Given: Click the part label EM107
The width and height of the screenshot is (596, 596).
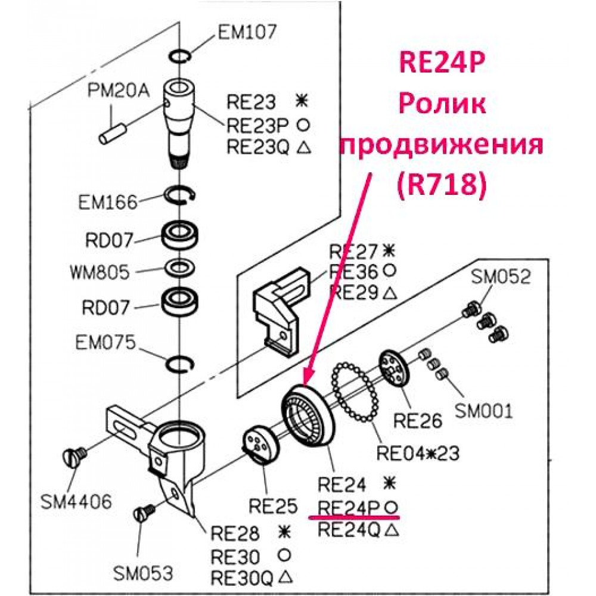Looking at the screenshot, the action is [247, 32].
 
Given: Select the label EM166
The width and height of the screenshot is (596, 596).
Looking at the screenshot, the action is [107, 202].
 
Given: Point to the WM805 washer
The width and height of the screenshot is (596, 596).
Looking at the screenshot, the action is [179, 268].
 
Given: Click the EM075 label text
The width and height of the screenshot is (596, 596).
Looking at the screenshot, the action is [105, 342].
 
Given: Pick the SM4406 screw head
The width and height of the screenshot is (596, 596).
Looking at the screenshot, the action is [74, 455].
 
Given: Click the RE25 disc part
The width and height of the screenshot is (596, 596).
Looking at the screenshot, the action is [259, 445].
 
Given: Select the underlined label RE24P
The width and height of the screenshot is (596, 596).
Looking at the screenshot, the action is [349, 507].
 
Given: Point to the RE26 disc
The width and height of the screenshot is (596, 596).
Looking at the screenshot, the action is [394, 369].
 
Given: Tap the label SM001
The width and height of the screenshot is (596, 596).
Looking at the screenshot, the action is [483, 411].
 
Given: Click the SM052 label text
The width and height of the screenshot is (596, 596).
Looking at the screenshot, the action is [501, 277].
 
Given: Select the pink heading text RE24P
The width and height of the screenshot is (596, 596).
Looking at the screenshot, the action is [442, 63].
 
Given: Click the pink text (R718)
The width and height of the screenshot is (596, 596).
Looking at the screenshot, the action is [442, 186].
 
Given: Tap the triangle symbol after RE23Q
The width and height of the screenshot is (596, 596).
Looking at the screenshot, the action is [303, 147].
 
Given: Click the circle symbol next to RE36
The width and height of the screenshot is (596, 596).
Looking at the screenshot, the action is [389, 271].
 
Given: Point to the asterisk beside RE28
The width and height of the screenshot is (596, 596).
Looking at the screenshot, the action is [284, 532].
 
